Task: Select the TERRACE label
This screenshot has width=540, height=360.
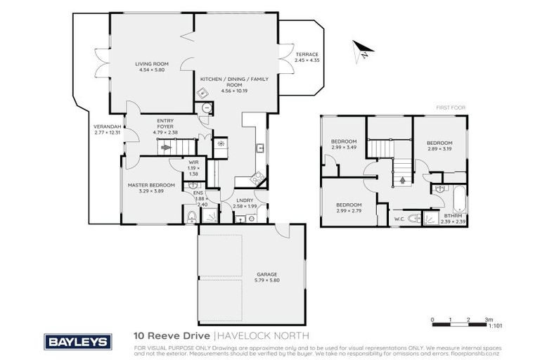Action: (307, 58)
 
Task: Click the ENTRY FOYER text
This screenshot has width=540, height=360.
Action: (166, 126)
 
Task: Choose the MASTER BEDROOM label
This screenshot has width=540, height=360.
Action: (151, 188)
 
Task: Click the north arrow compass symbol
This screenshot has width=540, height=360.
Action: (362, 48)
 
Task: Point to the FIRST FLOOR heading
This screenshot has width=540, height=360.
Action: (451, 108)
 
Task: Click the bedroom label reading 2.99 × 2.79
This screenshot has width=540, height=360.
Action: (349, 207)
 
